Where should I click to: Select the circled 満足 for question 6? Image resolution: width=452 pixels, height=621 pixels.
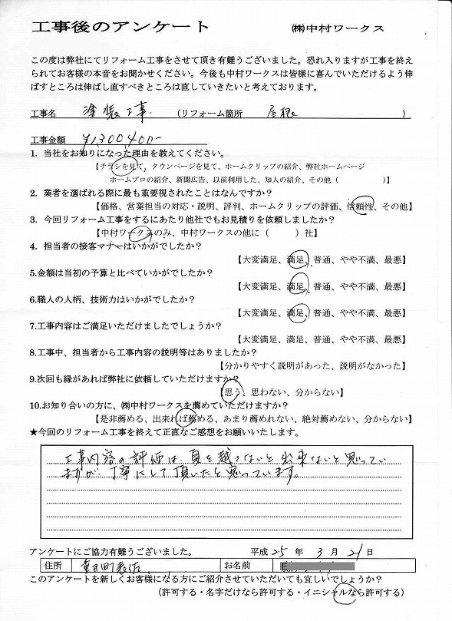pos(295,312)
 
